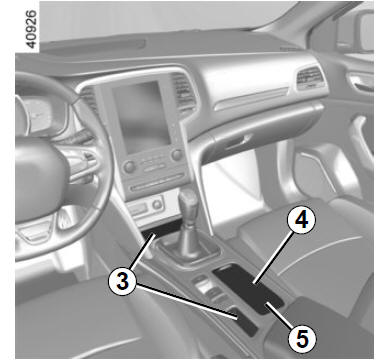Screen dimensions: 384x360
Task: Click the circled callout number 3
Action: tap(122, 282)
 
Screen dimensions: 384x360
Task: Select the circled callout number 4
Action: tap(302, 220)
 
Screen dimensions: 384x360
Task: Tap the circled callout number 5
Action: tap(302, 338)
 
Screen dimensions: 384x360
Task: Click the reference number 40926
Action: tap(31, 29)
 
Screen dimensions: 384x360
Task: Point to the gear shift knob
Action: tap(187, 202)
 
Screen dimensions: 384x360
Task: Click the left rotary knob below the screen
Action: tap(129, 166)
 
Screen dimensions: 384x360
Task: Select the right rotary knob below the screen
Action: tap(176, 154)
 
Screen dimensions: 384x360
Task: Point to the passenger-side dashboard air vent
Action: tap(310, 78)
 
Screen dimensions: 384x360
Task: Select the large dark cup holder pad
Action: tap(248, 288)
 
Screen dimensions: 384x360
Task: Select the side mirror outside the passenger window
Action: tap(358, 32)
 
